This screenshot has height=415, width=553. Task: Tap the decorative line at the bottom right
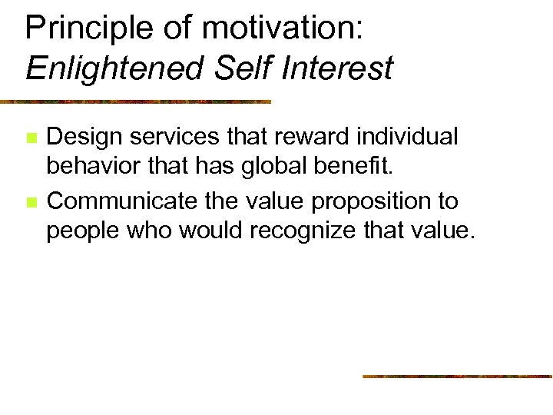click(x=457, y=376)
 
